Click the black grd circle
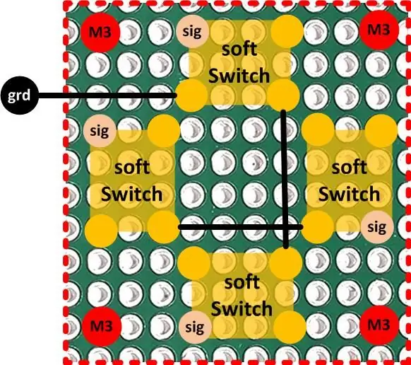pos(19,95)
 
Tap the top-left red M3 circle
pos(100,32)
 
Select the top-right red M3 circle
pos(379,30)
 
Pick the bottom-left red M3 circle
pos(102,326)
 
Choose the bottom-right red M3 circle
pos(379,325)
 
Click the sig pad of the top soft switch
pos(193,31)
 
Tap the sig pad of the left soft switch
pos(100,130)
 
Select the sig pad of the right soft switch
pos(377,227)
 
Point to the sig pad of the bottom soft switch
pos(195,328)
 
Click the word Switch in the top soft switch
pos(239,76)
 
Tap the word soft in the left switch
pos(132,168)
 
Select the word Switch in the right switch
pos(350,194)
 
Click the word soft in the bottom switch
pos(242,282)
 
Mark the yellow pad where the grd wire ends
pos(191,95)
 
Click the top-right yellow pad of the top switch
pos(287,30)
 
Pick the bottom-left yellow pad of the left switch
pos(101,231)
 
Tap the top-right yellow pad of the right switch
pos(381,131)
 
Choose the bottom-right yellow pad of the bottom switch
pos(290,326)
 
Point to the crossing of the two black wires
pos(286,226)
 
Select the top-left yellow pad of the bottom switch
pos(193,263)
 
